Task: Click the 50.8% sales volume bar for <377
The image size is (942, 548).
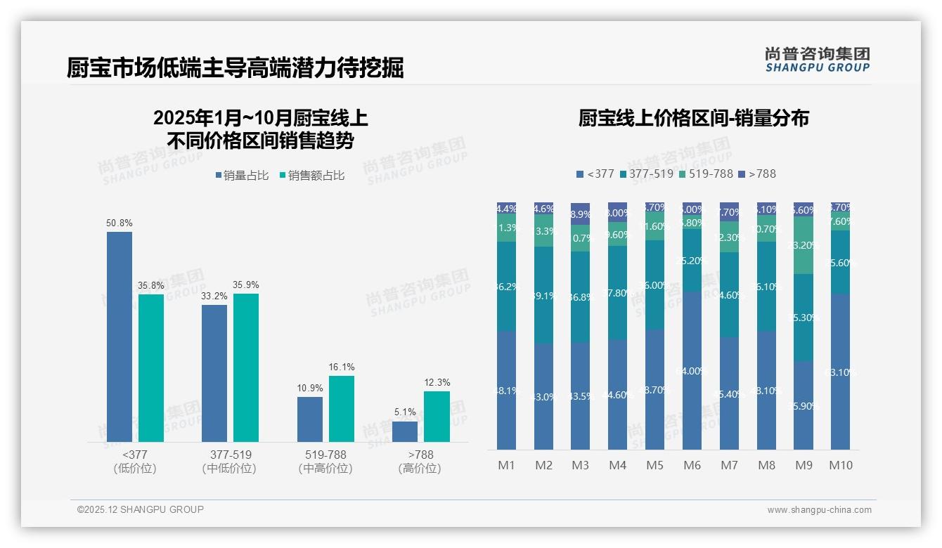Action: pos(120,337)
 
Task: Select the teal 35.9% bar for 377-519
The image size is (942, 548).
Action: pos(246,367)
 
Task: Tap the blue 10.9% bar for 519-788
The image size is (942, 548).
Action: pos(310,419)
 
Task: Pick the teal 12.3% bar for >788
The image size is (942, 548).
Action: pos(437,417)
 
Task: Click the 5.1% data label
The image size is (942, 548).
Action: pos(405,412)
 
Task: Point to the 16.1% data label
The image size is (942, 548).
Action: pos(342,367)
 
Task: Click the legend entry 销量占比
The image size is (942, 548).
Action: pos(242,176)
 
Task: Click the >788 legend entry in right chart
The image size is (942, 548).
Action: pos(757,174)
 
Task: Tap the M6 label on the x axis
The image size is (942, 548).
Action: pos(692,465)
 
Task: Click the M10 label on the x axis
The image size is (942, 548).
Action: pos(841,465)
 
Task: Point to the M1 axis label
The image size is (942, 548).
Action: pos(507,465)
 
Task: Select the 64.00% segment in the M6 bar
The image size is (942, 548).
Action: pos(692,370)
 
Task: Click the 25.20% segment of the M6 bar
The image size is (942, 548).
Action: pos(692,261)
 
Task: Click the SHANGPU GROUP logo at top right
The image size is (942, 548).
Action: pos(817,60)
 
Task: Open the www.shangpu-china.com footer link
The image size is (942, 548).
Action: pos(819,510)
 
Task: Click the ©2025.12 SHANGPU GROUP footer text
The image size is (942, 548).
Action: pos(141,509)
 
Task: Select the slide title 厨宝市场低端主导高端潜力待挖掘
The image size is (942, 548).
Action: pos(235,68)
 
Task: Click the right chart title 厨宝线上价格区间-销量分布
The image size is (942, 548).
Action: pos(693,118)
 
